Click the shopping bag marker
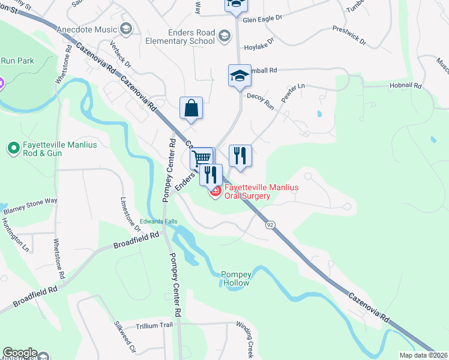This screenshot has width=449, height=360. point(191,109)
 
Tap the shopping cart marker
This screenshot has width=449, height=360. point(202,159)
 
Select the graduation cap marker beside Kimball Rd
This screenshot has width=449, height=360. point(239,76)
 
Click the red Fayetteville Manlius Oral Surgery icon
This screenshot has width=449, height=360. point(215,191)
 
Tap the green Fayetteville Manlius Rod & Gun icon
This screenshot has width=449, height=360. point(12,147)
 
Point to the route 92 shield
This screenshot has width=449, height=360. point(271,224)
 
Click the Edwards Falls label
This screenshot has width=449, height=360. point(158,221)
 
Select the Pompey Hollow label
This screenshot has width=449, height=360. point(236,278)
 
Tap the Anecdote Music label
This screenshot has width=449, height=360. point(87,29)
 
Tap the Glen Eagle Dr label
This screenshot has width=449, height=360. point(262,19)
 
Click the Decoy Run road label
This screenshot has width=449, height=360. point(261,101)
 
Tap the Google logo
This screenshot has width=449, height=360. point(19,353)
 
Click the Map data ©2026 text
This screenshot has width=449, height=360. point(424,355)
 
